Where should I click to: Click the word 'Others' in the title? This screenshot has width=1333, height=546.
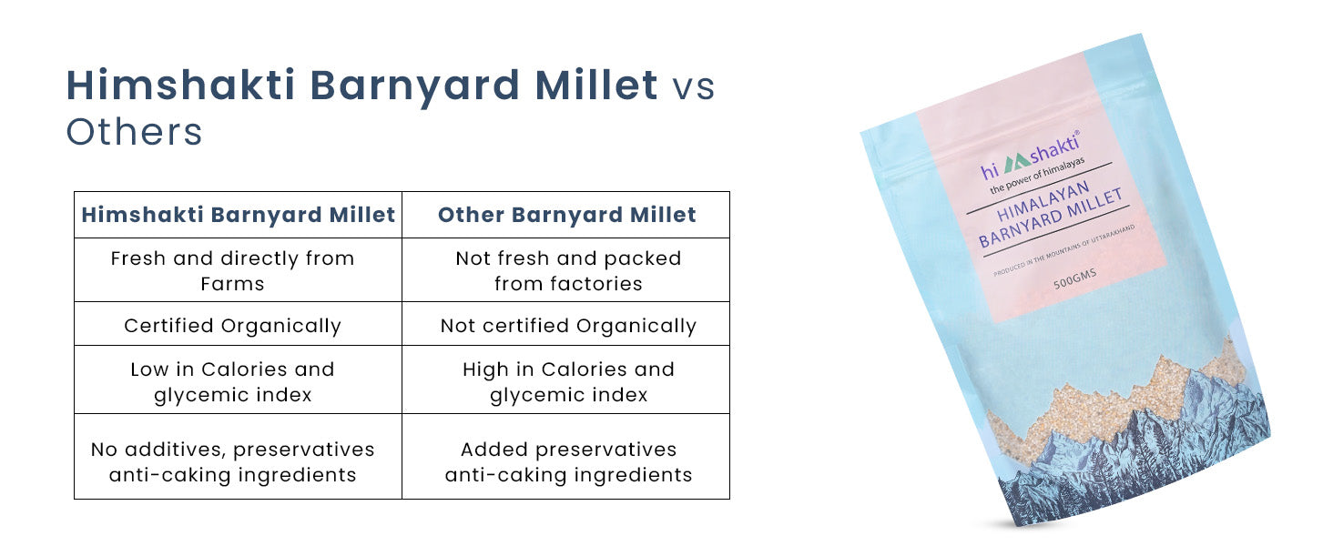point(134,131)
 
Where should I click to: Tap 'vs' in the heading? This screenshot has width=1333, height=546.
point(693,86)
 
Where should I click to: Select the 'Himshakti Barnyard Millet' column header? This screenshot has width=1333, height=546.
point(238,215)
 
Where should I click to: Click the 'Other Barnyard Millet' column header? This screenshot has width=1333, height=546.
point(566,215)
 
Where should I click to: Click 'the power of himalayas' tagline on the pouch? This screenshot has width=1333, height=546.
point(1037,176)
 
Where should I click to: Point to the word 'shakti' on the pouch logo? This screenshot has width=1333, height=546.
point(1055,147)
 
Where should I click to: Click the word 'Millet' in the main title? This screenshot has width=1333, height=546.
point(596,85)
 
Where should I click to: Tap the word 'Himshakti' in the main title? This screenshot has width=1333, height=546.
point(181,85)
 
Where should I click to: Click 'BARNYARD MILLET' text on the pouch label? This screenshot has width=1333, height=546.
point(1051,218)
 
